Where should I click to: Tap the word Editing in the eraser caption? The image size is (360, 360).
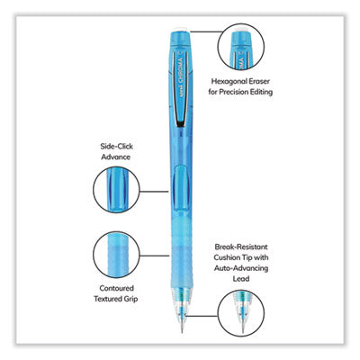[260, 92]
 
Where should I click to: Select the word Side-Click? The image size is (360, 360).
[117, 147]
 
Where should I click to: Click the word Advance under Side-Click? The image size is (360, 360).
[116, 157]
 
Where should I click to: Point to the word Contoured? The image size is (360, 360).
[117, 288]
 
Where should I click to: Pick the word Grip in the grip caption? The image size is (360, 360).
[130, 299]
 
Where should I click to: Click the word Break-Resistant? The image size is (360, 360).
[241, 247]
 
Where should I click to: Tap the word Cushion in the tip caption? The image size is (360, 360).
[226, 257]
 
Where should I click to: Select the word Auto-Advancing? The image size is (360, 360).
[241, 268]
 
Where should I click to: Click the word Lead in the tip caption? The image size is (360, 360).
[241, 279]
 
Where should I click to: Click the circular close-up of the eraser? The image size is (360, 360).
[241, 47]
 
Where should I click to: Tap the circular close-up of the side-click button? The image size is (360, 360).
[116, 190]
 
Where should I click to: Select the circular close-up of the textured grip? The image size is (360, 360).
[116, 255]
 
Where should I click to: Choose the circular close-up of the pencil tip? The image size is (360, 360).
[241, 312]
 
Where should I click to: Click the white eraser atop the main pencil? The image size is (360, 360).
[181, 30]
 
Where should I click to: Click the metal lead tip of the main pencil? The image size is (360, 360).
[182, 326]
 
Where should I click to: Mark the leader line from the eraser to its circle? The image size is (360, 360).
[207, 31]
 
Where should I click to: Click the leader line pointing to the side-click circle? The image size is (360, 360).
[155, 191]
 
